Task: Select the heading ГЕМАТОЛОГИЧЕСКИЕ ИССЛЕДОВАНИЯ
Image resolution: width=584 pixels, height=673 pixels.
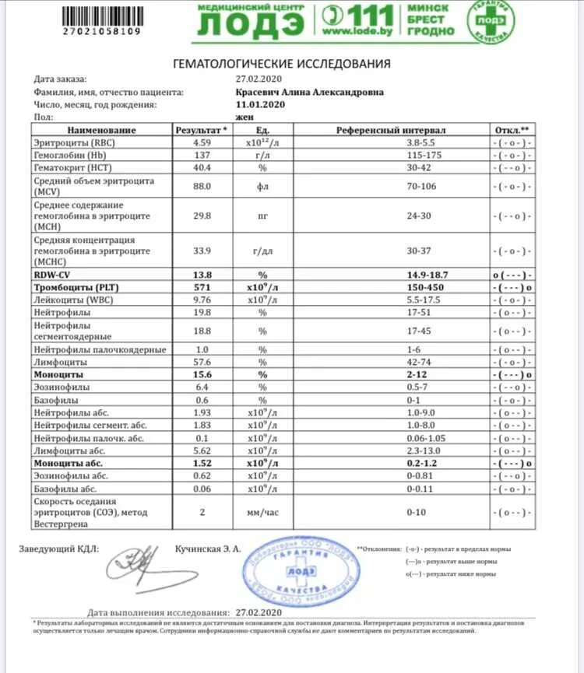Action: [x=281, y=64]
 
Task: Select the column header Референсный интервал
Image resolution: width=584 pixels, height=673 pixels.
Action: [x=402, y=130]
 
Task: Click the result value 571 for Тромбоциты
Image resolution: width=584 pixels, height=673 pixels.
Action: [x=203, y=287]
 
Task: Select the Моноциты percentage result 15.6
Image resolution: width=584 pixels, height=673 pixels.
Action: [x=203, y=374]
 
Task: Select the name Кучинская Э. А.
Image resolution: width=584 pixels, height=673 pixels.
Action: [x=209, y=549]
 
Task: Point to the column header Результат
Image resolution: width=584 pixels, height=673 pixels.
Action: [x=203, y=130]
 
